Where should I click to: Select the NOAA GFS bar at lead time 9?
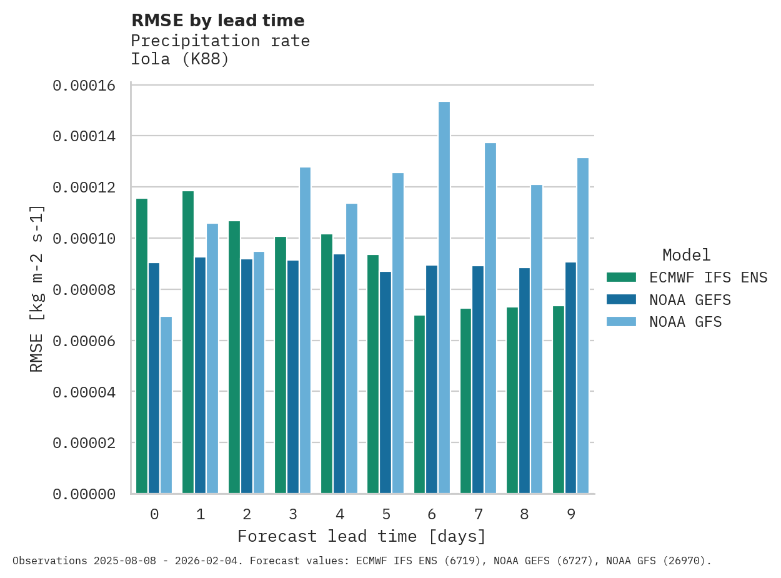(583, 326)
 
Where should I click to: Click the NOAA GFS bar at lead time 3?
(305, 331)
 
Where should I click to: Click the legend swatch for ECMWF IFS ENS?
(621, 277)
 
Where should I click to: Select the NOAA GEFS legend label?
(690, 300)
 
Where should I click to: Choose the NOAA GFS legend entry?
(685, 322)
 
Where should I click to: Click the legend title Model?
(686, 255)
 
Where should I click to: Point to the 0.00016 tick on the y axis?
(84, 86)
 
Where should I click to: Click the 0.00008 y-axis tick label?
(84, 290)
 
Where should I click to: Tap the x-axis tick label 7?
(479, 514)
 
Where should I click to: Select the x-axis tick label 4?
(339, 514)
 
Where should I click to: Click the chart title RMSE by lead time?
(217, 21)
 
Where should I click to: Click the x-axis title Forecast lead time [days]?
(361, 536)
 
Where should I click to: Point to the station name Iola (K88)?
(180, 59)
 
